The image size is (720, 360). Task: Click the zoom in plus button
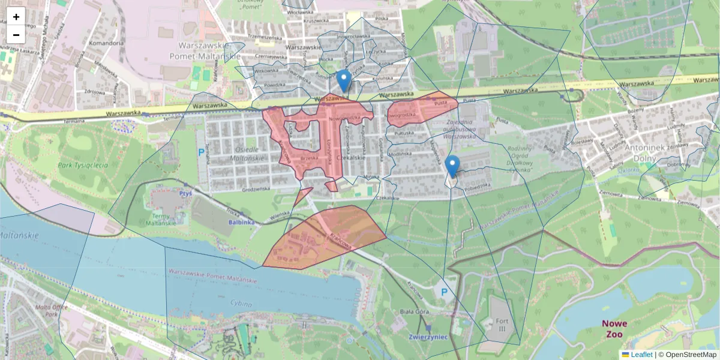(x=16, y=17)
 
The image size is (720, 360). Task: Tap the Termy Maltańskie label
(x=168, y=219)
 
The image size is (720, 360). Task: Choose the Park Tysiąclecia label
(x=83, y=164)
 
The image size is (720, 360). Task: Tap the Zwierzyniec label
(x=427, y=337)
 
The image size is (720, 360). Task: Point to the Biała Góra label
(x=414, y=312)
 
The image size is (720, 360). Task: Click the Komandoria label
(x=105, y=43)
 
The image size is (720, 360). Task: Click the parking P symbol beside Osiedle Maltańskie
(x=200, y=152)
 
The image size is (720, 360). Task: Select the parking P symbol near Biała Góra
(x=445, y=292)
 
